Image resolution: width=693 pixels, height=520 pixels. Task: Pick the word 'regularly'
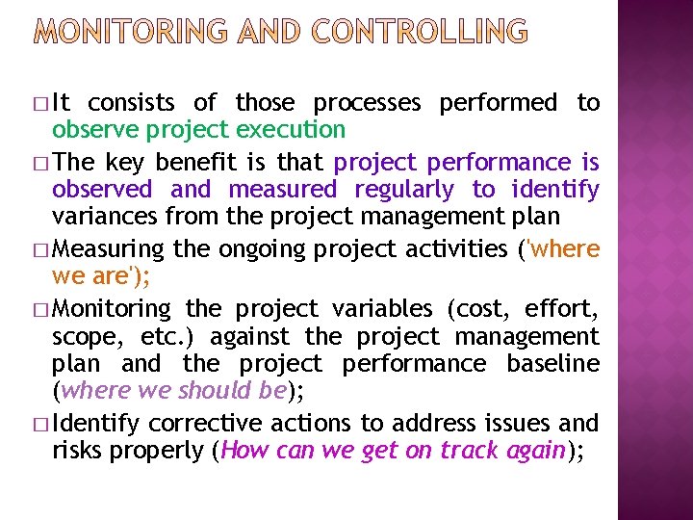(403, 190)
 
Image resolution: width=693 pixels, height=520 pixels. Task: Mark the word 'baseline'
(558, 364)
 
